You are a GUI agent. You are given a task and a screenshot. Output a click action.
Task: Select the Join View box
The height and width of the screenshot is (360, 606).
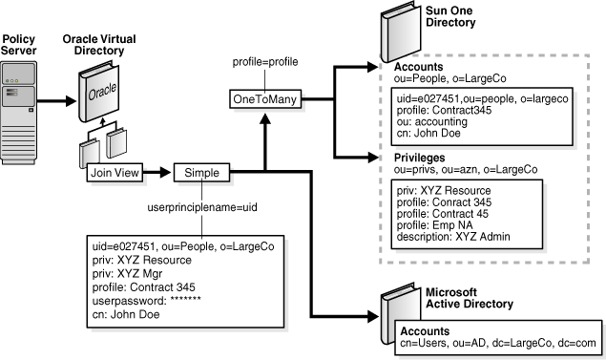pos(104,174)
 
